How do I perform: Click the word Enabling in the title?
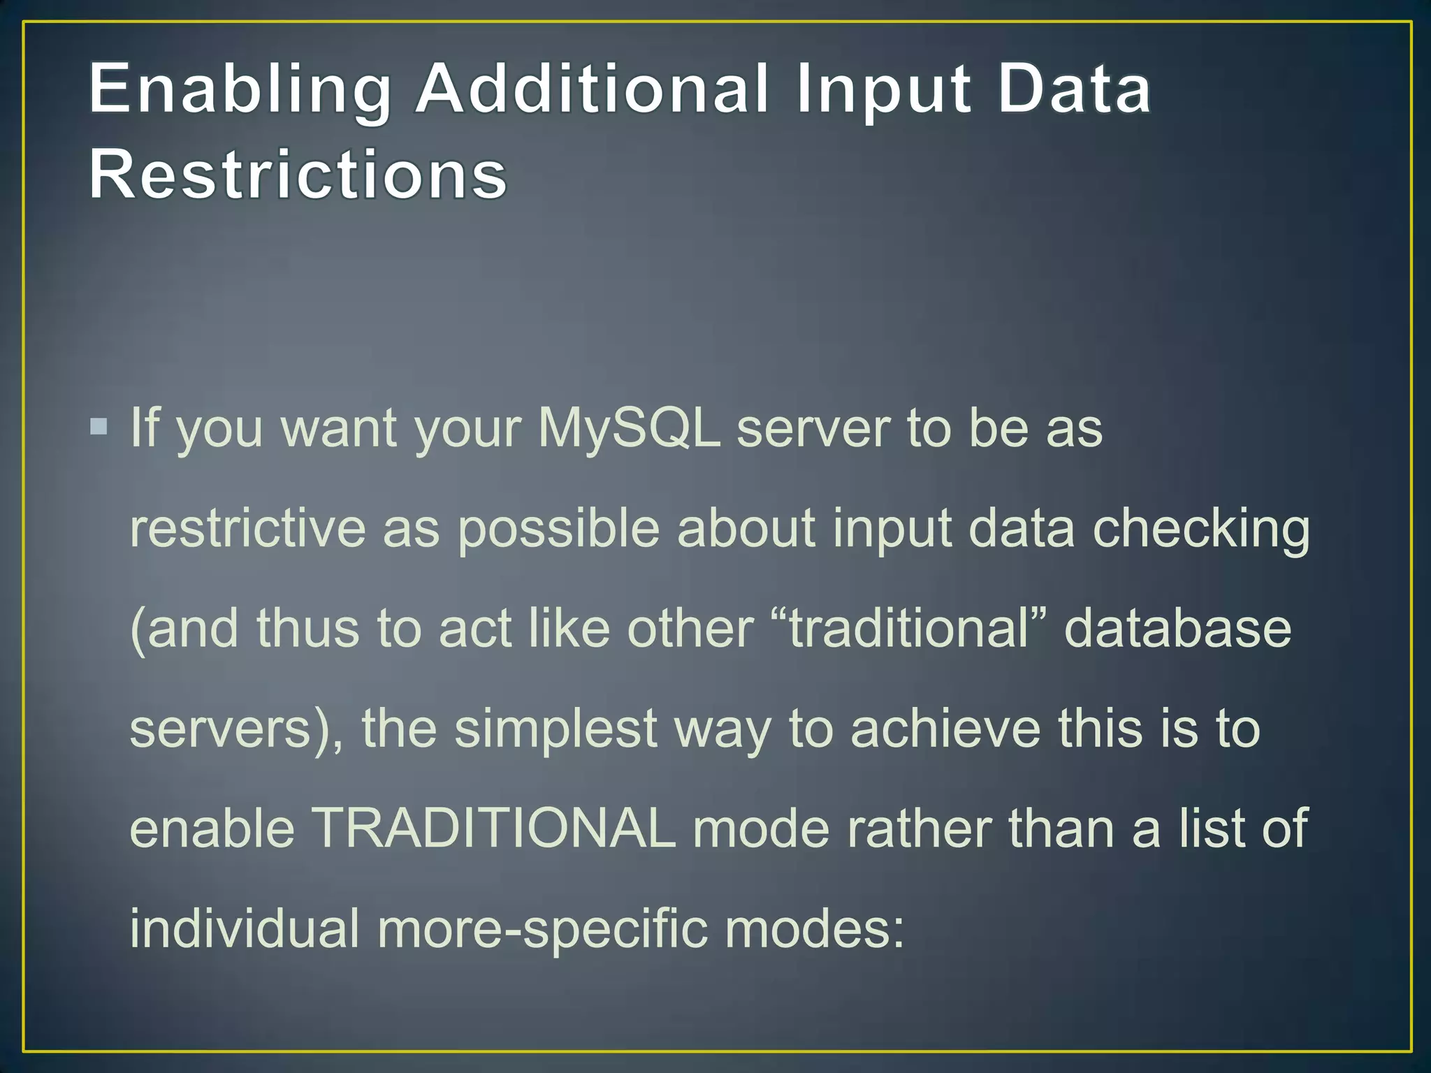tap(240, 89)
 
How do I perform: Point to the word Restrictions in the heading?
tap(298, 174)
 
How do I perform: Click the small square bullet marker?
tap(99, 426)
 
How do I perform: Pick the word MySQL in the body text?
tap(629, 428)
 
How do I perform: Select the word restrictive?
tap(248, 528)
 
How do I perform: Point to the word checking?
tap(1201, 530)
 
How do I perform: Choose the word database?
tap(1177, 628)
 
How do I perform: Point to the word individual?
tap(245, 928)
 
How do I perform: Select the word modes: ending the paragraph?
tap(814, 928)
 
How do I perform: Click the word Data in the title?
tap(1074, 89)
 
